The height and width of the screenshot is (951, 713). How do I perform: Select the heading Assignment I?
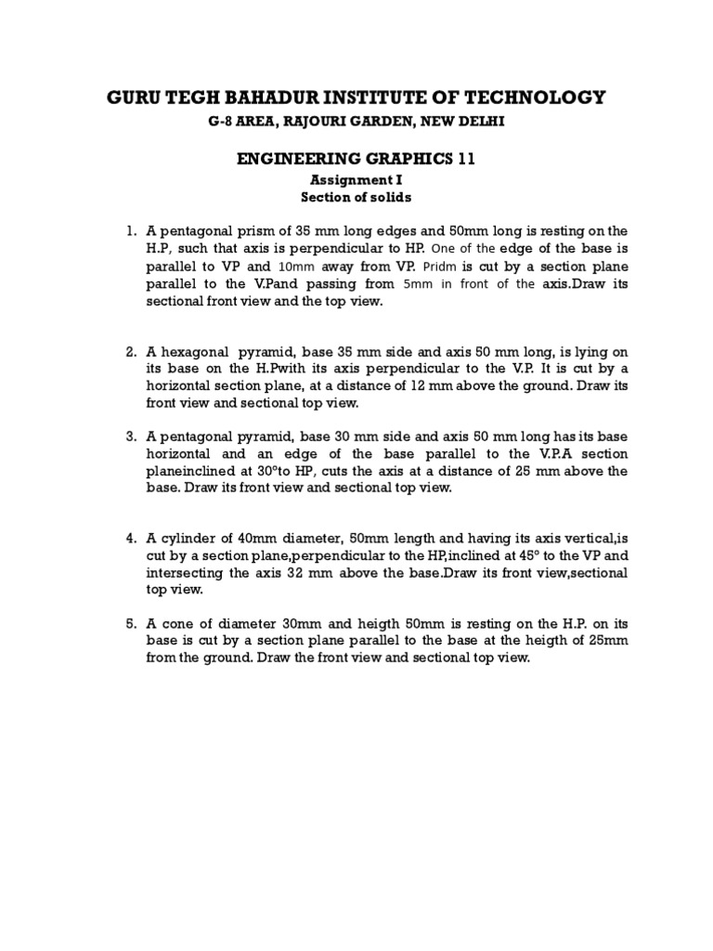click(356, 181)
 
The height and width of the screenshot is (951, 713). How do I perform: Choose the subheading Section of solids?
click(356, 198)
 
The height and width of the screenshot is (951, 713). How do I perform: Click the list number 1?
click(132, 230)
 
